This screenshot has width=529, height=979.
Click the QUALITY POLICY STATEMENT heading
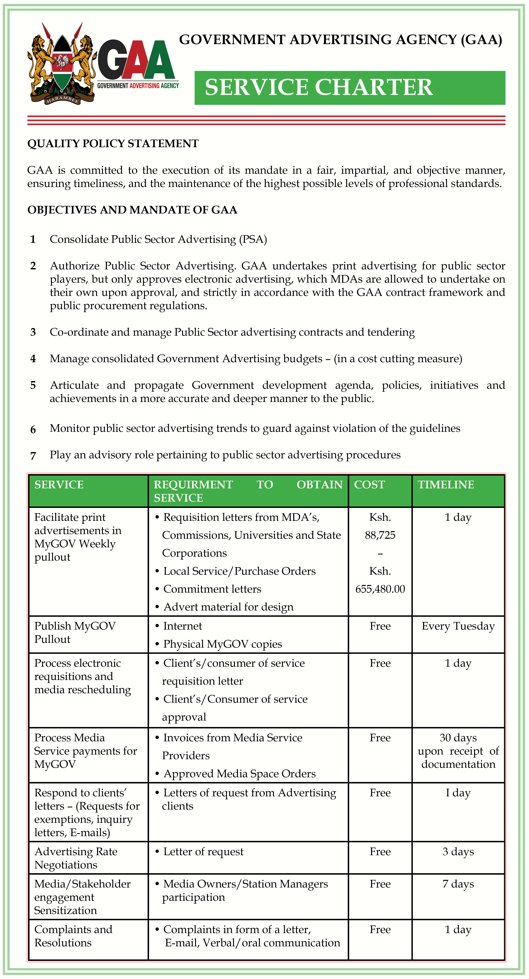[113, 144]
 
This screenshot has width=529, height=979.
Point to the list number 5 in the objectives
[33, 385]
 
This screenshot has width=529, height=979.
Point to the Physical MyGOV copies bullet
[222, 644]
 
